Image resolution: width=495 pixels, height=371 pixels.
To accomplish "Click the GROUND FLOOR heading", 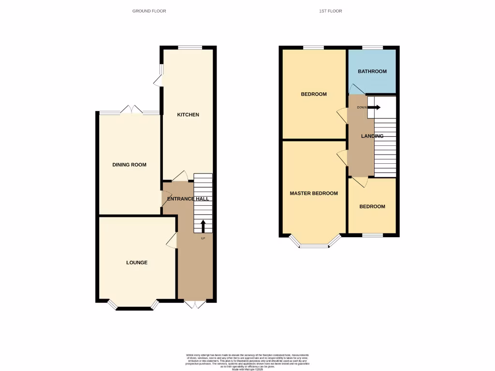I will (x=149, y=11).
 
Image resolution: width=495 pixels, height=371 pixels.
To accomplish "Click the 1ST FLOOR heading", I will (x=331, y=11).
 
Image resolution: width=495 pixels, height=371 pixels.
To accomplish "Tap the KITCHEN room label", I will (x=188, y=114).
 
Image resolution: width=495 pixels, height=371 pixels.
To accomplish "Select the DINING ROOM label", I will (x=129, y=165).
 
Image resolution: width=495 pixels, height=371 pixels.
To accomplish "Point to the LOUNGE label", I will (x=137, y=262).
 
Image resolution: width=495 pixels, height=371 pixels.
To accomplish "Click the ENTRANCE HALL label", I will (x=188, y=199).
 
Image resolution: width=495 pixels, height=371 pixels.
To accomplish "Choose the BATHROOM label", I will (x=372, y=71).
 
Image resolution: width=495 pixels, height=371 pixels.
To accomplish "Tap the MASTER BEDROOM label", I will (x=314, y=193).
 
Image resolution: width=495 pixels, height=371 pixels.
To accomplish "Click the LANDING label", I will (x=372, y=136).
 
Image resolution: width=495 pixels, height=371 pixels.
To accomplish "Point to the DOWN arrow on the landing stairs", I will (x=375, y=107).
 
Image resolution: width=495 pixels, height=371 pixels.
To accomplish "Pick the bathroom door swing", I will (x=356, y=89).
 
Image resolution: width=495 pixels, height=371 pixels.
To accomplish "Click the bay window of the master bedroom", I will (x=313, y=244).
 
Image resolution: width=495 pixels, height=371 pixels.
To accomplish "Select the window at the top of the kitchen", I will (x=189, y=47).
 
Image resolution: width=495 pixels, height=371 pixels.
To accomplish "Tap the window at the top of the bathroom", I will (x=372, y=47).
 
